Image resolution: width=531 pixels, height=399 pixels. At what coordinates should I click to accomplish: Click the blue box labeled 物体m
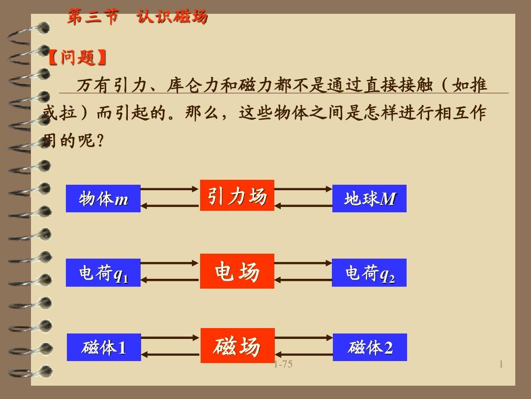pos(103,199)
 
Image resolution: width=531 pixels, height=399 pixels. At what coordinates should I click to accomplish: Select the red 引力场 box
pos(237,196)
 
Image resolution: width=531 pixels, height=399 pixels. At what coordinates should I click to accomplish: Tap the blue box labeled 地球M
pos(369,199)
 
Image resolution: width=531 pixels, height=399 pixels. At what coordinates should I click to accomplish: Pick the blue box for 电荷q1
pos(103,273)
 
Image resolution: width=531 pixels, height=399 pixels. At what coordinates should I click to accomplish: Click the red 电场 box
pos(237,271)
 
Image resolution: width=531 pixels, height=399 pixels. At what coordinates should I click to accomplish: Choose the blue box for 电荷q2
pos(369,273)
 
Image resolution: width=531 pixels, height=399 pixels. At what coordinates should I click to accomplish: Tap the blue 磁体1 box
pos(104,347)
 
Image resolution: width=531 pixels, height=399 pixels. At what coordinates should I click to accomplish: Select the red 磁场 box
pos(238,345)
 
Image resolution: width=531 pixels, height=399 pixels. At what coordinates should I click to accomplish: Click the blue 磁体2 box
pos(370,347)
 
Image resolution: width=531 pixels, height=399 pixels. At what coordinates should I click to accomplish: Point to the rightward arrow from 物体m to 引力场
pos(169,189)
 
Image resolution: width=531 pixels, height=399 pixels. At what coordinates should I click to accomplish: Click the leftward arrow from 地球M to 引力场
pos(303,205)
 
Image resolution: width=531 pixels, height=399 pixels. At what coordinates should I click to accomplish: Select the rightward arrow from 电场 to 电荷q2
pos(303,263)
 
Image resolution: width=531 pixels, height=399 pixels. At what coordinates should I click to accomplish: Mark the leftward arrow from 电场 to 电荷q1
pos(170,280)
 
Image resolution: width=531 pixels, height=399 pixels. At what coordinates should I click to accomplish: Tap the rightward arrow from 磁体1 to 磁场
pos(170,337)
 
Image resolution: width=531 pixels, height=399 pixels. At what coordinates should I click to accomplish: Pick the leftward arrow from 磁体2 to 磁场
pos(304,355)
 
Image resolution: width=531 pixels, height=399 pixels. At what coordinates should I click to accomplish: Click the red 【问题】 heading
pos(78,57)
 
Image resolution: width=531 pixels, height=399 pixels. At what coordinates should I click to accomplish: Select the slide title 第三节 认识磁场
pos(137,16)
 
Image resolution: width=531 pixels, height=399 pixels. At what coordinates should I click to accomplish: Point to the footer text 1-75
pos(283,365)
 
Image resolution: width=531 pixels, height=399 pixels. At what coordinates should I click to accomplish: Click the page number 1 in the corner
pos(501,365)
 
